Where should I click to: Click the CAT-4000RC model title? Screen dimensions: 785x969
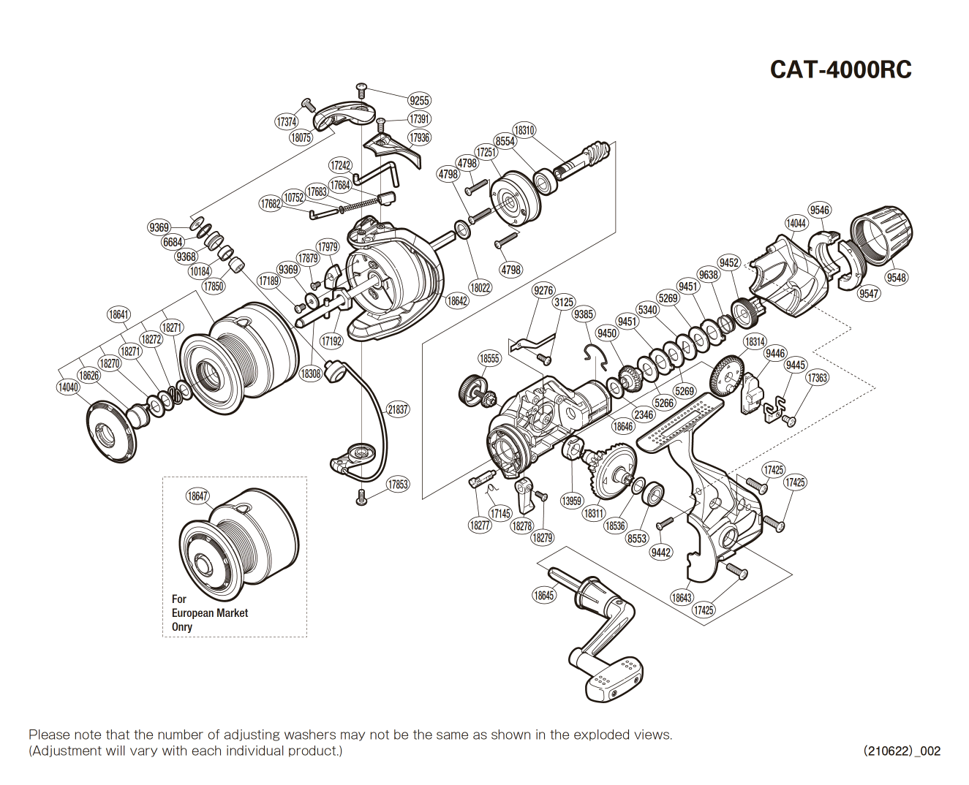click(x=840, y=69)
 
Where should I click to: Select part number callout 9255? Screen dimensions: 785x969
click(x=419, y=101)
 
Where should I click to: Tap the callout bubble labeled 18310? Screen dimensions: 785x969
click(x=524, y=130)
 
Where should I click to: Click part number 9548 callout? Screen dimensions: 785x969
click(x=896, y=277)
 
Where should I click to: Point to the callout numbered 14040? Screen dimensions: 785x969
click(x=68, y=387)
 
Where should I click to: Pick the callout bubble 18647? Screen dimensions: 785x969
click(x=197, y=496)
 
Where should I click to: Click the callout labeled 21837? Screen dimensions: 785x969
click(x=398, y=409)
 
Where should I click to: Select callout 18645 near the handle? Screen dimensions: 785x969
click(x=543, y=595)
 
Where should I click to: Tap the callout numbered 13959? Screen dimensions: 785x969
click(x=571, y=501)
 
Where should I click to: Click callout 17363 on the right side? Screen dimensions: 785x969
click(x=817, y=377)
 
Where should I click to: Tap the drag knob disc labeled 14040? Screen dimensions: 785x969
click(x=111, y=432)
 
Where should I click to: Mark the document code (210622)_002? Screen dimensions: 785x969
click(x=902, y=751)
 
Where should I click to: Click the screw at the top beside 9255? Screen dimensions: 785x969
click(x=361, y=89)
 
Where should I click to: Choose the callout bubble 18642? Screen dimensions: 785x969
click(x=457, y=300)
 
